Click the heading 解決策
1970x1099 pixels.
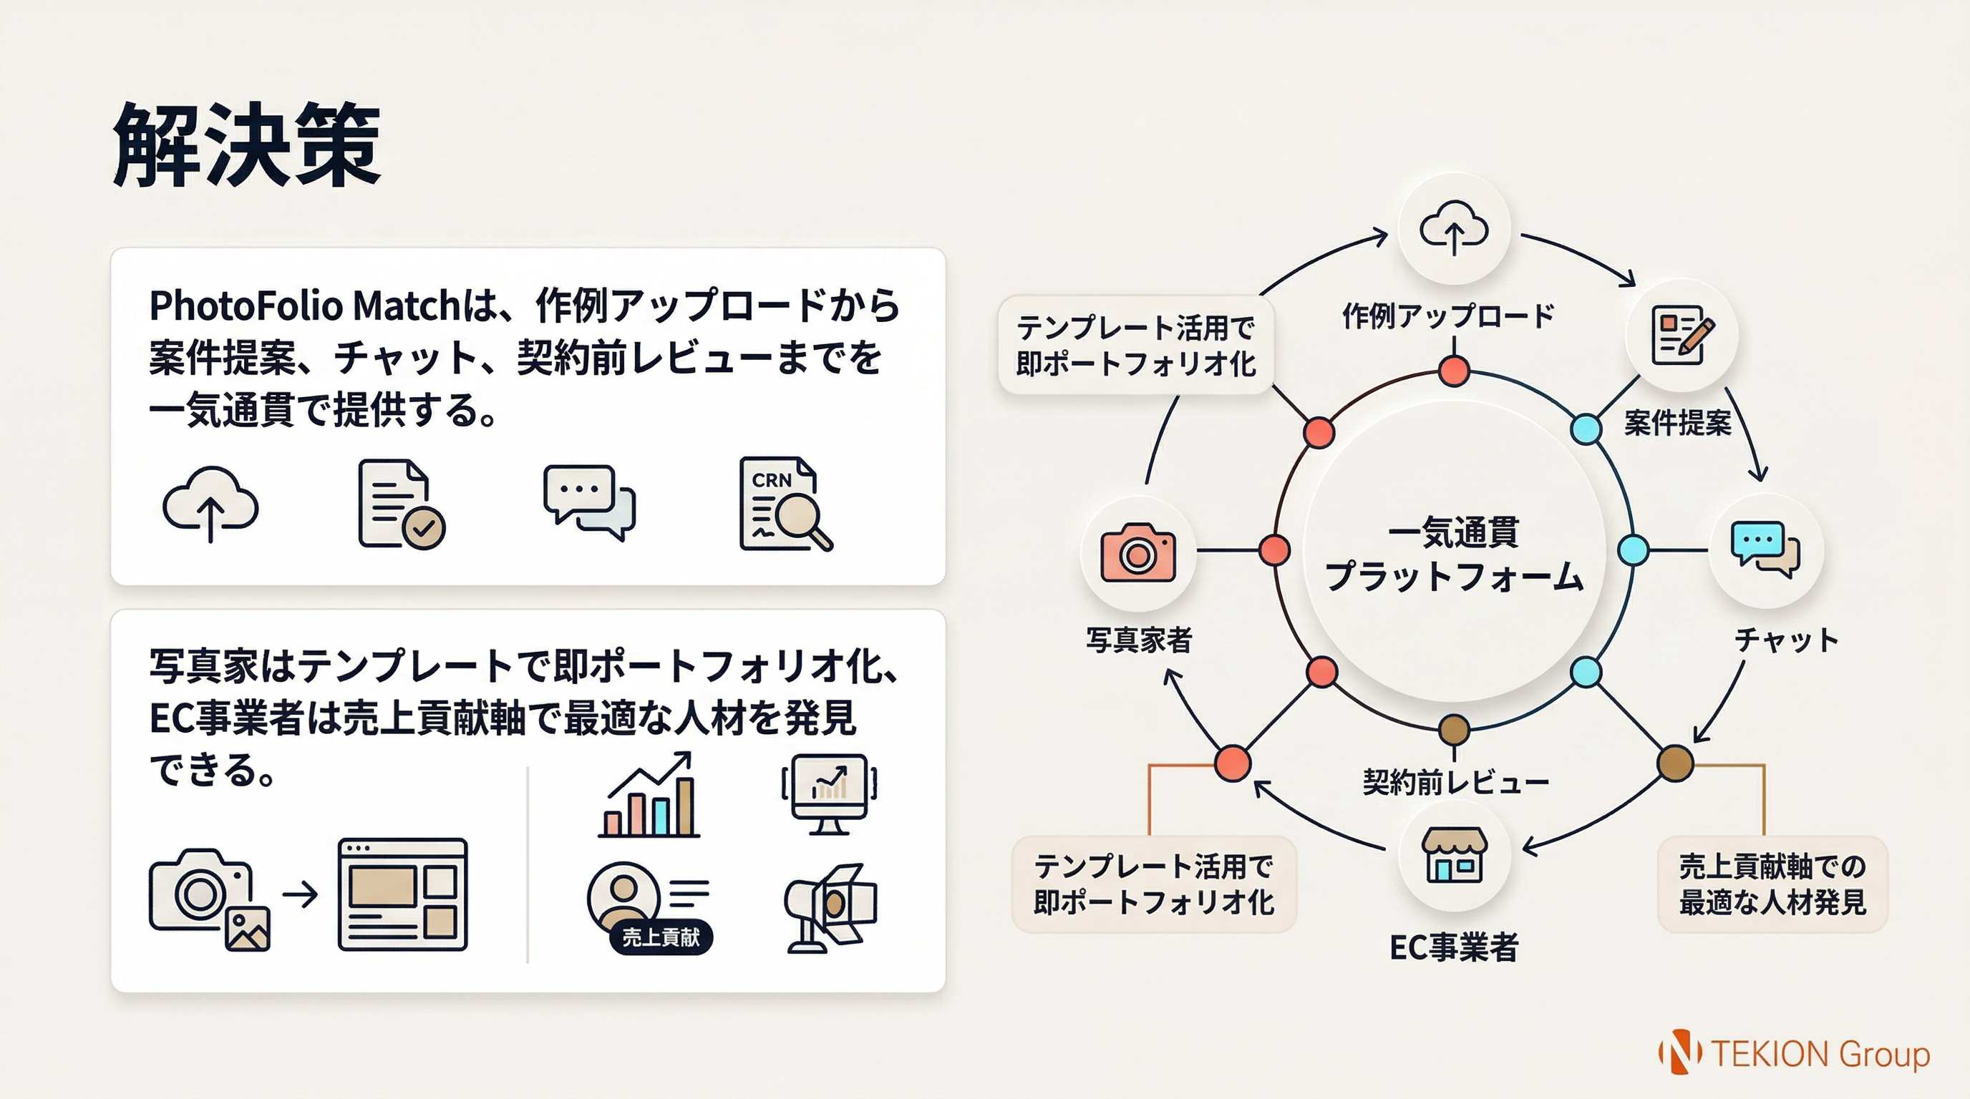tap(246, 145)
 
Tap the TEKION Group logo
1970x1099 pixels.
tap(1794, 1054)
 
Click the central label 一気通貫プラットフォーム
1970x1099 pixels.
tap(1453, 553)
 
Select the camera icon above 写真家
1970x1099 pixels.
tap(1137, 552)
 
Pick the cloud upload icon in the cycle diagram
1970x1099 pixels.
tap(1453, 228)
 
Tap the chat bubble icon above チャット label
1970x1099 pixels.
tap(1765, 549)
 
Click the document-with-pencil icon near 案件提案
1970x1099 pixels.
tap(1681, 335)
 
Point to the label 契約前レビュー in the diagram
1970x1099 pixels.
tap(1455, 782)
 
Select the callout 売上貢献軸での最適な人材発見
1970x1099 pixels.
tap(1772, 884)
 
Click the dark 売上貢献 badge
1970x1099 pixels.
tap(661, 937)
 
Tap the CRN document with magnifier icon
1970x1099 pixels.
tap(785, 504)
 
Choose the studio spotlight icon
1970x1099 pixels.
tap(830, 907)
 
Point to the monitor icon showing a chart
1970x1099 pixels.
tap(829, 793)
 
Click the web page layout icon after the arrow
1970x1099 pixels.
tap(402, 894)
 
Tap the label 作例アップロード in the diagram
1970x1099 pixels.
tap(1447, 316)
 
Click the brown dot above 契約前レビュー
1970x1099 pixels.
tap(1453, 730)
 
